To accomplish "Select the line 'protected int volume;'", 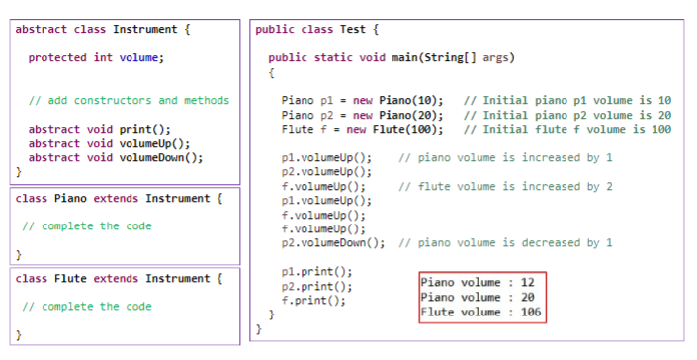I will coord(95,57).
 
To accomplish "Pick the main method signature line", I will coord(391,57).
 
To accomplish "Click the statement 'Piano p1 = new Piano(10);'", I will coord(362,100).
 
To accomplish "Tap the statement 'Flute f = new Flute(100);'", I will coord(362,129).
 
